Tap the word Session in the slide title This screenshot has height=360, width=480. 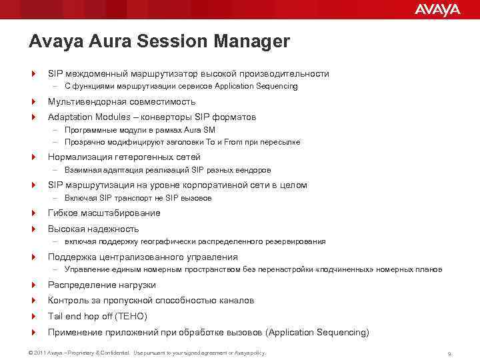coord(171,41)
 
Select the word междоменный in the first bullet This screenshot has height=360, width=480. coord(94,74)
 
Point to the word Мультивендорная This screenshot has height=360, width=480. coord(87,102)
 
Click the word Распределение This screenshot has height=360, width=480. coord(81,285)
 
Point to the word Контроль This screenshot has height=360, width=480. coord(68,301)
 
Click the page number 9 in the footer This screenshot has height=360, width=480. coord(450,353)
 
